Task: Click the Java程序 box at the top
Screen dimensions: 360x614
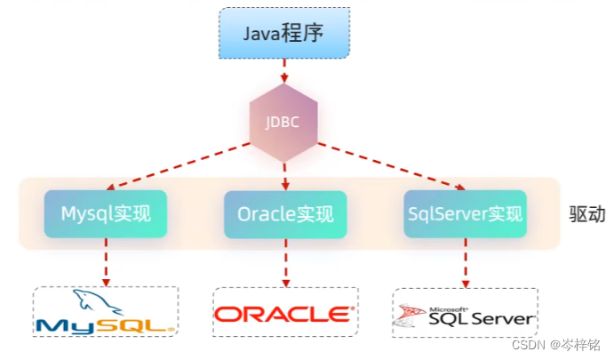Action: point(284,35)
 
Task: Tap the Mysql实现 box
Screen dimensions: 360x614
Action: point(106,213)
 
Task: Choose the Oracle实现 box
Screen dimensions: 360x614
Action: point(284,213)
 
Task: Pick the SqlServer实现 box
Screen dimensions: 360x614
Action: point(464,213)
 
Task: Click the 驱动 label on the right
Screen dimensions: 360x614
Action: point(586,214)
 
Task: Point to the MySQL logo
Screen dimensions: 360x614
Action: point(106,313)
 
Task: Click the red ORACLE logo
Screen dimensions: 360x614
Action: point(284,314)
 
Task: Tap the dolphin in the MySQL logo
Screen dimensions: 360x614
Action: point(94,300)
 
